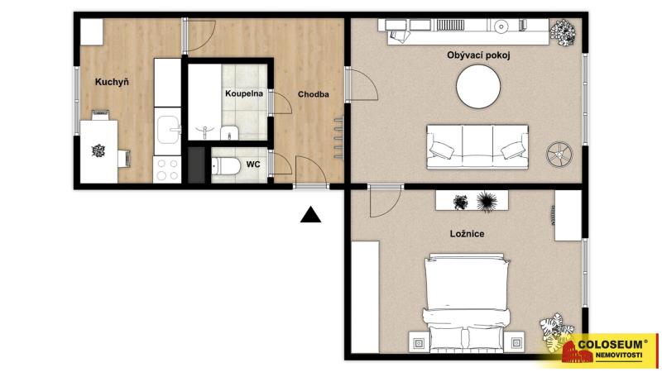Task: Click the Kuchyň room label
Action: (112, 82)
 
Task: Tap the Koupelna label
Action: (244, 93)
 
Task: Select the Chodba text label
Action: (314, 94)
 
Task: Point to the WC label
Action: (253, 164)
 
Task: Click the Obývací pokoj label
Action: (478, 55)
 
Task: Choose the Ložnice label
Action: (467, 234)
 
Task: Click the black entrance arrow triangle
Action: (310, 214)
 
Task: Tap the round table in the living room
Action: (478, 86)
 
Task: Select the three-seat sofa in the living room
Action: (477, 146)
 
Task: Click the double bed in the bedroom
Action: (467, 303)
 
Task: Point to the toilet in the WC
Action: (226, 166)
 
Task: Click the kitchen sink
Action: (169, 130)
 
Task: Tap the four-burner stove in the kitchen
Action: (167, 169)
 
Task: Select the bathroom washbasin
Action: (229, 132)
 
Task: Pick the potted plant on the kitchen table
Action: (98, 150)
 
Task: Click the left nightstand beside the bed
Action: (419, 342)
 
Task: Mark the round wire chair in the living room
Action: (559, 154)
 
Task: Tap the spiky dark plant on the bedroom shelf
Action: (487, 201)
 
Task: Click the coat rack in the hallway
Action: (338, 137)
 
